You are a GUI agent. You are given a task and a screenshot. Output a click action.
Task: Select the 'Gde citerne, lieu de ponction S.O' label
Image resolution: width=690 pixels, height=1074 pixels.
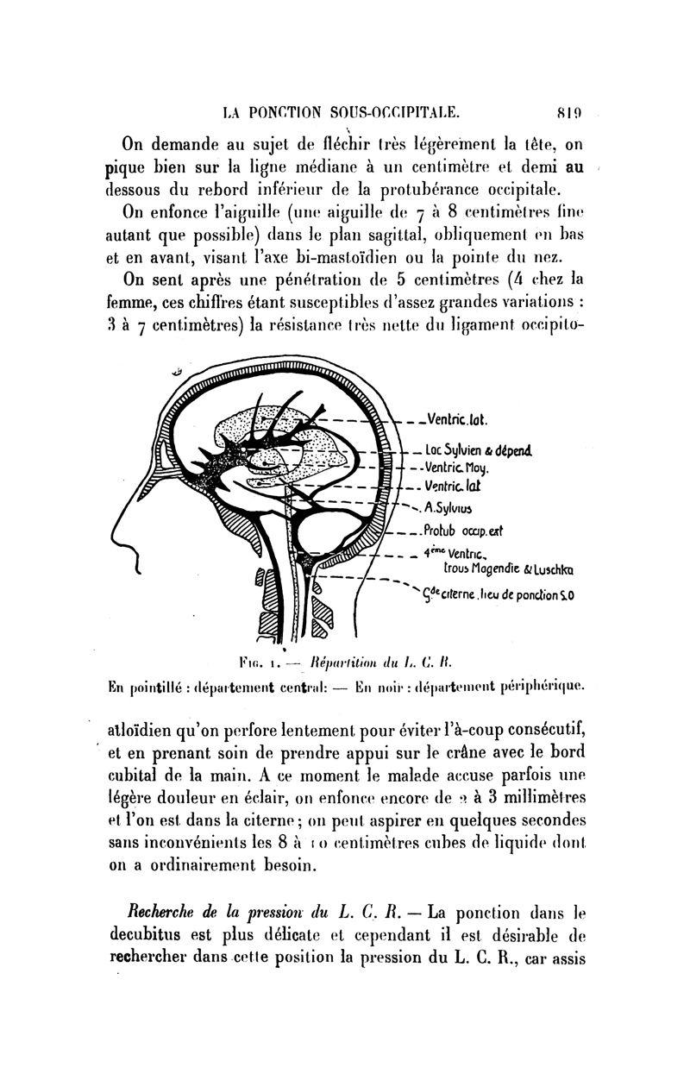(499, 593)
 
